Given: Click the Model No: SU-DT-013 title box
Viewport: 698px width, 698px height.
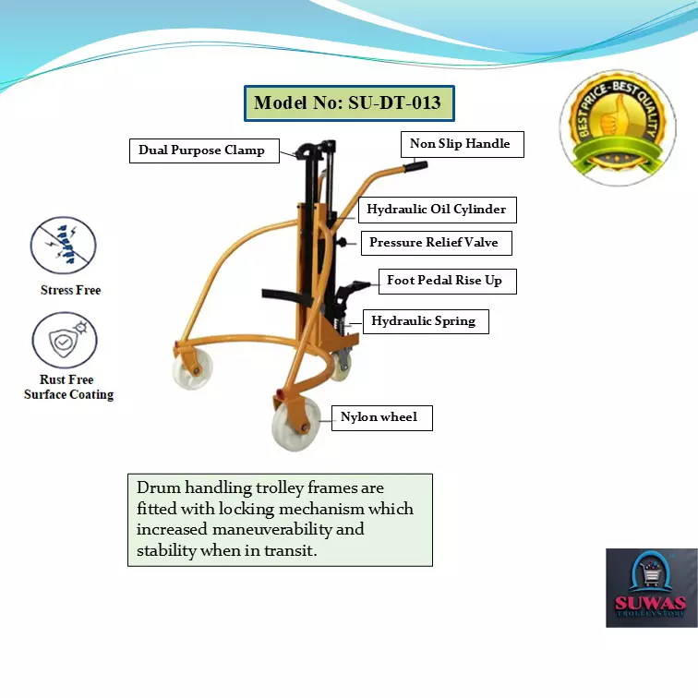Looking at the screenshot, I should (349, 103).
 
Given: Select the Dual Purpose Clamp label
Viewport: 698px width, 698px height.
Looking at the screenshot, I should (201, 150).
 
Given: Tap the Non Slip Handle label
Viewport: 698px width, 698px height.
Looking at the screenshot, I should (460, 144).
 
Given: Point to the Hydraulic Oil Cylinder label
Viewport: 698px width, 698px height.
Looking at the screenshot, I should (436, 210).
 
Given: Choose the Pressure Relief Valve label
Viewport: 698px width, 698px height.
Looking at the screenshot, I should (433, 243).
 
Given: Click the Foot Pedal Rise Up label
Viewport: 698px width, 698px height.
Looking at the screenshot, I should (444, 280).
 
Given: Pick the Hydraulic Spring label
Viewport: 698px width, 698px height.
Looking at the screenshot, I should (423, 321).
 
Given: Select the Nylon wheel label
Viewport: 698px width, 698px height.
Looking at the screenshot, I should (379, 417).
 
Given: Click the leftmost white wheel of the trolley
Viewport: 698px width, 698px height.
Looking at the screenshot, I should (192, 371).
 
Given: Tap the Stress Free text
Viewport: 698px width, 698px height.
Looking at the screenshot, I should (70, 290).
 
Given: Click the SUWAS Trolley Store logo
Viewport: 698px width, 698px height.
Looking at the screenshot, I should (651, 588).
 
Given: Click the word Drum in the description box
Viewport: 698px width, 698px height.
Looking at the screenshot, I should (157, 487).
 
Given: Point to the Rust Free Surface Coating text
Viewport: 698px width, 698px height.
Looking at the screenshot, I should (68, 387).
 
